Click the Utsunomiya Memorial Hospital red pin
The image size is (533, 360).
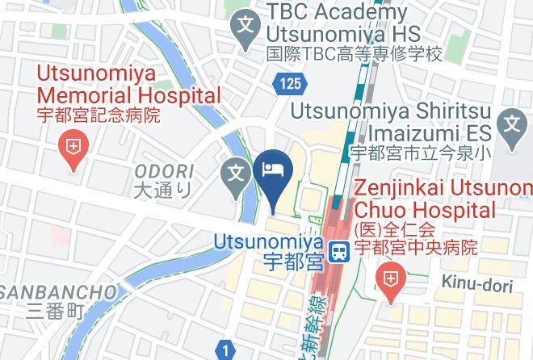pos(73,149)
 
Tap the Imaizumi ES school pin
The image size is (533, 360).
pos(513,127)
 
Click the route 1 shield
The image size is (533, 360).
pos(225,350)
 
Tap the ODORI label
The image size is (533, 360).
pos(164,171)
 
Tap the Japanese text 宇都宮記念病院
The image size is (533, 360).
pos(99,115)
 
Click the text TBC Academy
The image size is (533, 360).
pos(336,13)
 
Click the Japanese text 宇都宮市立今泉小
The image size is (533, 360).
pos(420,152)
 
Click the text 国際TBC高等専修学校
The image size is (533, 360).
pos(356,55)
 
